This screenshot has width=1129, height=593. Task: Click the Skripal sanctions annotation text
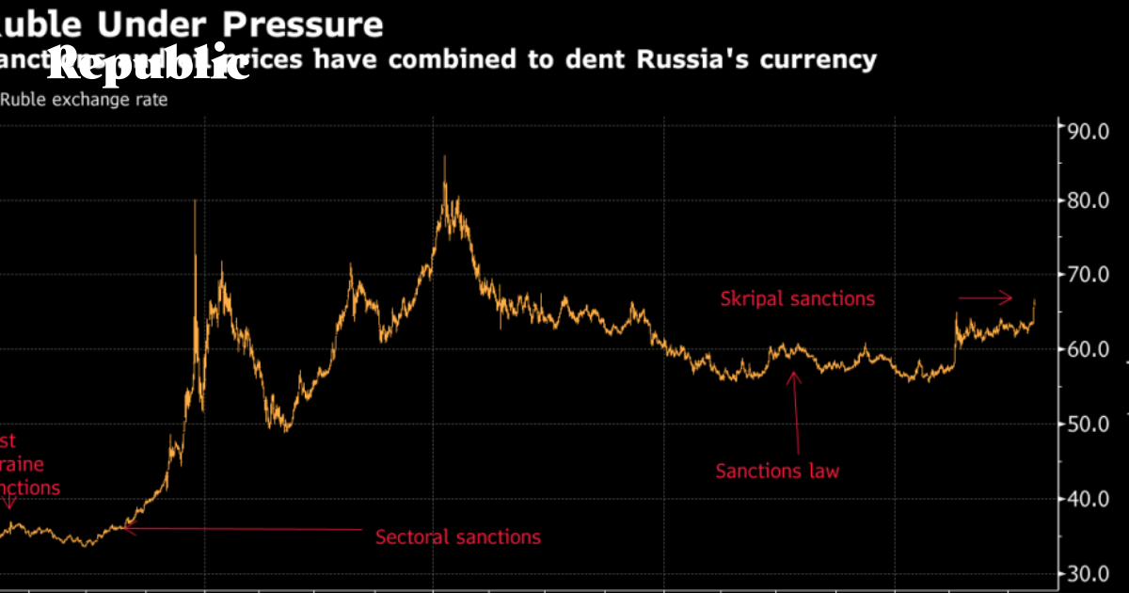pyautogui.click(x=797, y=299)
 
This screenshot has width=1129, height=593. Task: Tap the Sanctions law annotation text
pyautogui.click(x=777, y=471)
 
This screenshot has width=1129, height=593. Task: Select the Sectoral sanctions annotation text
pyautogui.click(x=458, y=537)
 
